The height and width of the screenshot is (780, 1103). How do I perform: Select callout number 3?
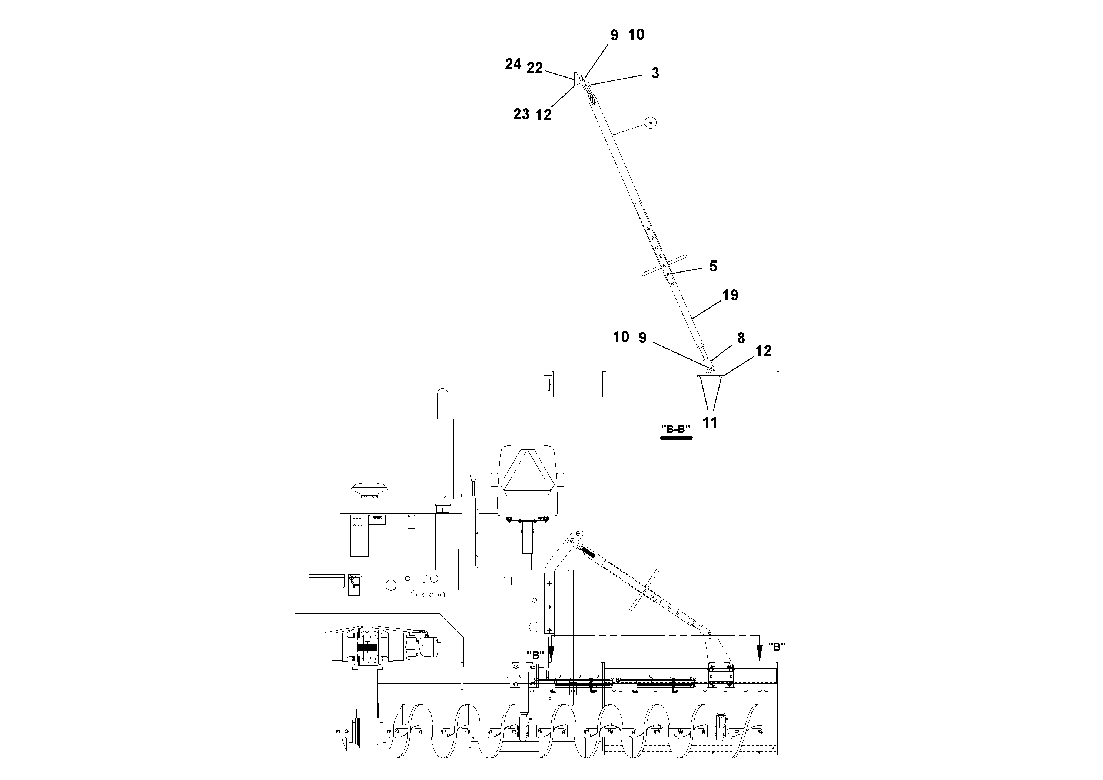[655, 73]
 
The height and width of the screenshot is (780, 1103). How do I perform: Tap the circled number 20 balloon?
[650, 123]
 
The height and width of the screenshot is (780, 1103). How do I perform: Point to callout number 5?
[713, 266]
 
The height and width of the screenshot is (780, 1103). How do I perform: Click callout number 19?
[730, 295]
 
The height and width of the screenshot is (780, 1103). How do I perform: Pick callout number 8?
[741, 339]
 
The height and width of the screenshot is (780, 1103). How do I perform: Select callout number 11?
[710, 423]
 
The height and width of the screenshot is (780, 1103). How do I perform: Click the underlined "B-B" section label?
[676, 429]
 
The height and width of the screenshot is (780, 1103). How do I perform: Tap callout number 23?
[521, 115]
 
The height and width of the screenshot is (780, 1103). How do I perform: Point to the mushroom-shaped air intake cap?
[366, 490]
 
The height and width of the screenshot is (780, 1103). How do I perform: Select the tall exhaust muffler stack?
[442, 457]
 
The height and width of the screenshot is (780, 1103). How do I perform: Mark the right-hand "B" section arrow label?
[777, 647]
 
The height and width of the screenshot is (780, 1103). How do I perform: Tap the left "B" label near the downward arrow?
[535, 655]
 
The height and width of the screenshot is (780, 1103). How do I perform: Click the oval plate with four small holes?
[428, 595]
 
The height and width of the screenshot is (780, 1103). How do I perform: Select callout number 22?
[534, 68]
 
